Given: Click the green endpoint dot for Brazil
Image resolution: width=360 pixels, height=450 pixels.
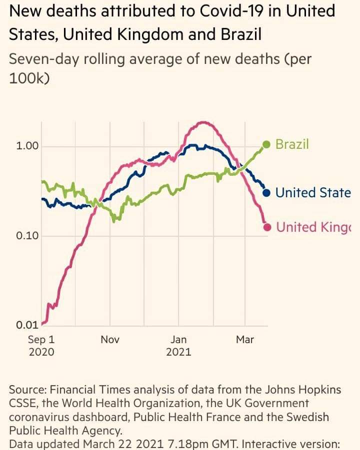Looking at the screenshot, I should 266,145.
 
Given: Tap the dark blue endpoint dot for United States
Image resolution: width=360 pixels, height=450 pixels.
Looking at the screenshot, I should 266,192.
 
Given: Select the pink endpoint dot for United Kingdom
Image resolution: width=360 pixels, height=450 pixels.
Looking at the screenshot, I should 267,227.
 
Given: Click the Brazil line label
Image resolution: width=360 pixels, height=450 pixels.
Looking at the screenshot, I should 292,144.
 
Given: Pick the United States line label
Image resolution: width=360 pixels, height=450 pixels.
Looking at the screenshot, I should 313,192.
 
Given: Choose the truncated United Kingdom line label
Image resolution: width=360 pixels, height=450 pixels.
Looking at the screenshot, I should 313,227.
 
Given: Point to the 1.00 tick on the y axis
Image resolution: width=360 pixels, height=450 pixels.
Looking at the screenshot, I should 25,146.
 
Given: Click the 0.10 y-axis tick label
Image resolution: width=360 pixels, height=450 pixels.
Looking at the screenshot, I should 25,235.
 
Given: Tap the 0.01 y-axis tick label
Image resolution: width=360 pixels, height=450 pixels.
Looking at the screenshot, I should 25,325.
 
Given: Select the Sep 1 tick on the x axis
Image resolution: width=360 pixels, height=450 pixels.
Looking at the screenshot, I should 41,340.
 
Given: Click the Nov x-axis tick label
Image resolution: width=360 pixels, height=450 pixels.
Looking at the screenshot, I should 110,340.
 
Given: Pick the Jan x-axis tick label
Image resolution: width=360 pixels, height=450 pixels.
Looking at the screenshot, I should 178,340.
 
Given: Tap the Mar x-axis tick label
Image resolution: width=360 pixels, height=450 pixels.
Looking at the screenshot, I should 245,340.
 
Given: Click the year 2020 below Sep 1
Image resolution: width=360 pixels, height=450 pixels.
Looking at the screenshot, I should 41,352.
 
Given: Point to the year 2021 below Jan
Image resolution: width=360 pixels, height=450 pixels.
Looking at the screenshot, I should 178,352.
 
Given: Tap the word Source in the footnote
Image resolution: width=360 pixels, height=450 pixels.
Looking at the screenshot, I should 25,390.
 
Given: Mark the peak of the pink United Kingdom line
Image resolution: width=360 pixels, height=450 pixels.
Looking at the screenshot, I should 203,122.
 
